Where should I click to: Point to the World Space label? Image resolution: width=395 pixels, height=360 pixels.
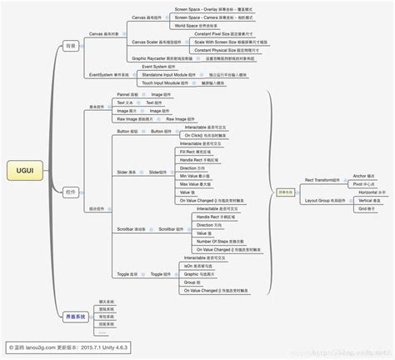[x=187, y=26]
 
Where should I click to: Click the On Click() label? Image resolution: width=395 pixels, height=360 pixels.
[x=190, y=135]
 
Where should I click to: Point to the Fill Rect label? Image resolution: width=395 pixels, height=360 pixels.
[x=189, y=152]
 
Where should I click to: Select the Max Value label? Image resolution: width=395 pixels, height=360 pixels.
[x=190, y=183]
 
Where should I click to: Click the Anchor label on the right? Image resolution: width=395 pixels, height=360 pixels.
[x=359, y=176]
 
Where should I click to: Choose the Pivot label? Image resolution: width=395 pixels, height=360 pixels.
[x=358, y=184]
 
